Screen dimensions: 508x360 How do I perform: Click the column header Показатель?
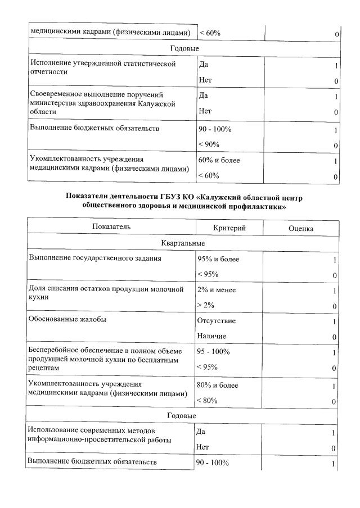tap(112, 228)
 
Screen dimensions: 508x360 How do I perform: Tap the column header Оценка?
tap(301, 229)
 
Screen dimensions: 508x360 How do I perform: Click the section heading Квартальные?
tap(183, 243)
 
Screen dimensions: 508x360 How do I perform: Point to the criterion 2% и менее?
tap(217, 290)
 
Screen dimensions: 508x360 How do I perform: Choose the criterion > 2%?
tap(206, 305)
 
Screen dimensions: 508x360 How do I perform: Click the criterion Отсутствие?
tap(217, 321)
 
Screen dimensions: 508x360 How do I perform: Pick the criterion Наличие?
tap(211, 336)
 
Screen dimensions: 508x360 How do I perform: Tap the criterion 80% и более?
tap(218, 385)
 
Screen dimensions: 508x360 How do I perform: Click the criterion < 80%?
tap(208, 401)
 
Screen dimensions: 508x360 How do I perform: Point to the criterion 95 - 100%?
tap(213, 352)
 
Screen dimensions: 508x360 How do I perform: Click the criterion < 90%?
tap(208, 144)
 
